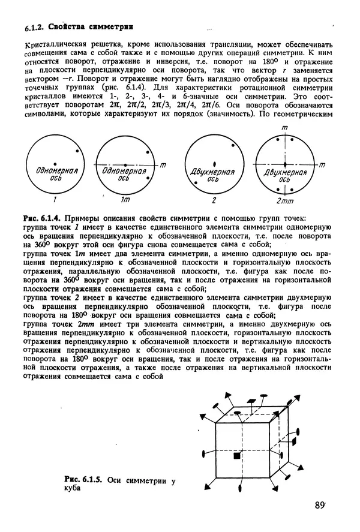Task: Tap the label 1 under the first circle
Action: (x=55, y=199)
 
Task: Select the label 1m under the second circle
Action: (x=125, y=199)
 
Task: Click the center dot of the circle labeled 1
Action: (x=55, y=163)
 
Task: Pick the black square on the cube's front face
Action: (x=237, y=456)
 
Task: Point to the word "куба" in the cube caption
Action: (x=71, y=488)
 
